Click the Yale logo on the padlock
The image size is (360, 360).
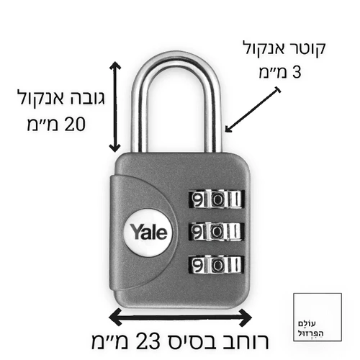click(148, 232)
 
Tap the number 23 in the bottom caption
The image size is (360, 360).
click(149, 341)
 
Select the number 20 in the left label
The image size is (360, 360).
click(75, 124)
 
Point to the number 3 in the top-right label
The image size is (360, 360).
click(297, 71)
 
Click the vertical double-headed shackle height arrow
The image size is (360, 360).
click(115, 107)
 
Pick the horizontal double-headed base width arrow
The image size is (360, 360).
click(180, 318)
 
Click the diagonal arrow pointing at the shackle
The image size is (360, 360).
click(253, 109)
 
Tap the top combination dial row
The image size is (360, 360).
click(216, 199)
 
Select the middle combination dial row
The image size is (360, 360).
click(216, 231)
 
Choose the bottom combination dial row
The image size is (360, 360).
click(216, 265)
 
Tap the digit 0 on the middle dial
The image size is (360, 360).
click(217, 231)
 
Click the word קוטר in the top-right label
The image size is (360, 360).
click(307, 49)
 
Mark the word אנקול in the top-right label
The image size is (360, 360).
click(264, 49)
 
